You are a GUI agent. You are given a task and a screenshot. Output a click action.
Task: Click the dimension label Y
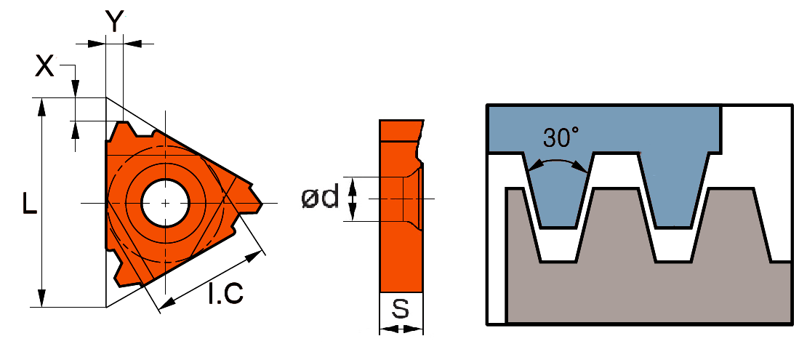114,21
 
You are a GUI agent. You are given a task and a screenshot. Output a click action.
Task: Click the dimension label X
45,66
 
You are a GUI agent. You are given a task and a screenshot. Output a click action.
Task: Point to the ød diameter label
320,197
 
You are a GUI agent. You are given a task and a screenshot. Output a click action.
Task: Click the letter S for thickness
401,310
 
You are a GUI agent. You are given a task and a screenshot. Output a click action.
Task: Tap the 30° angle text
561,136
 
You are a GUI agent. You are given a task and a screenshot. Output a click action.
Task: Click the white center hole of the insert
166,202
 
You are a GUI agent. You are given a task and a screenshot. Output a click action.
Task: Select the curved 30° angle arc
558,161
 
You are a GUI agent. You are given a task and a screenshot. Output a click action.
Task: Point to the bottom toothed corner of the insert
124,273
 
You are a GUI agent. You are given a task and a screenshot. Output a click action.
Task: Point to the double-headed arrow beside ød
353,199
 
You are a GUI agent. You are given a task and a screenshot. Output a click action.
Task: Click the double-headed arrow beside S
401,329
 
